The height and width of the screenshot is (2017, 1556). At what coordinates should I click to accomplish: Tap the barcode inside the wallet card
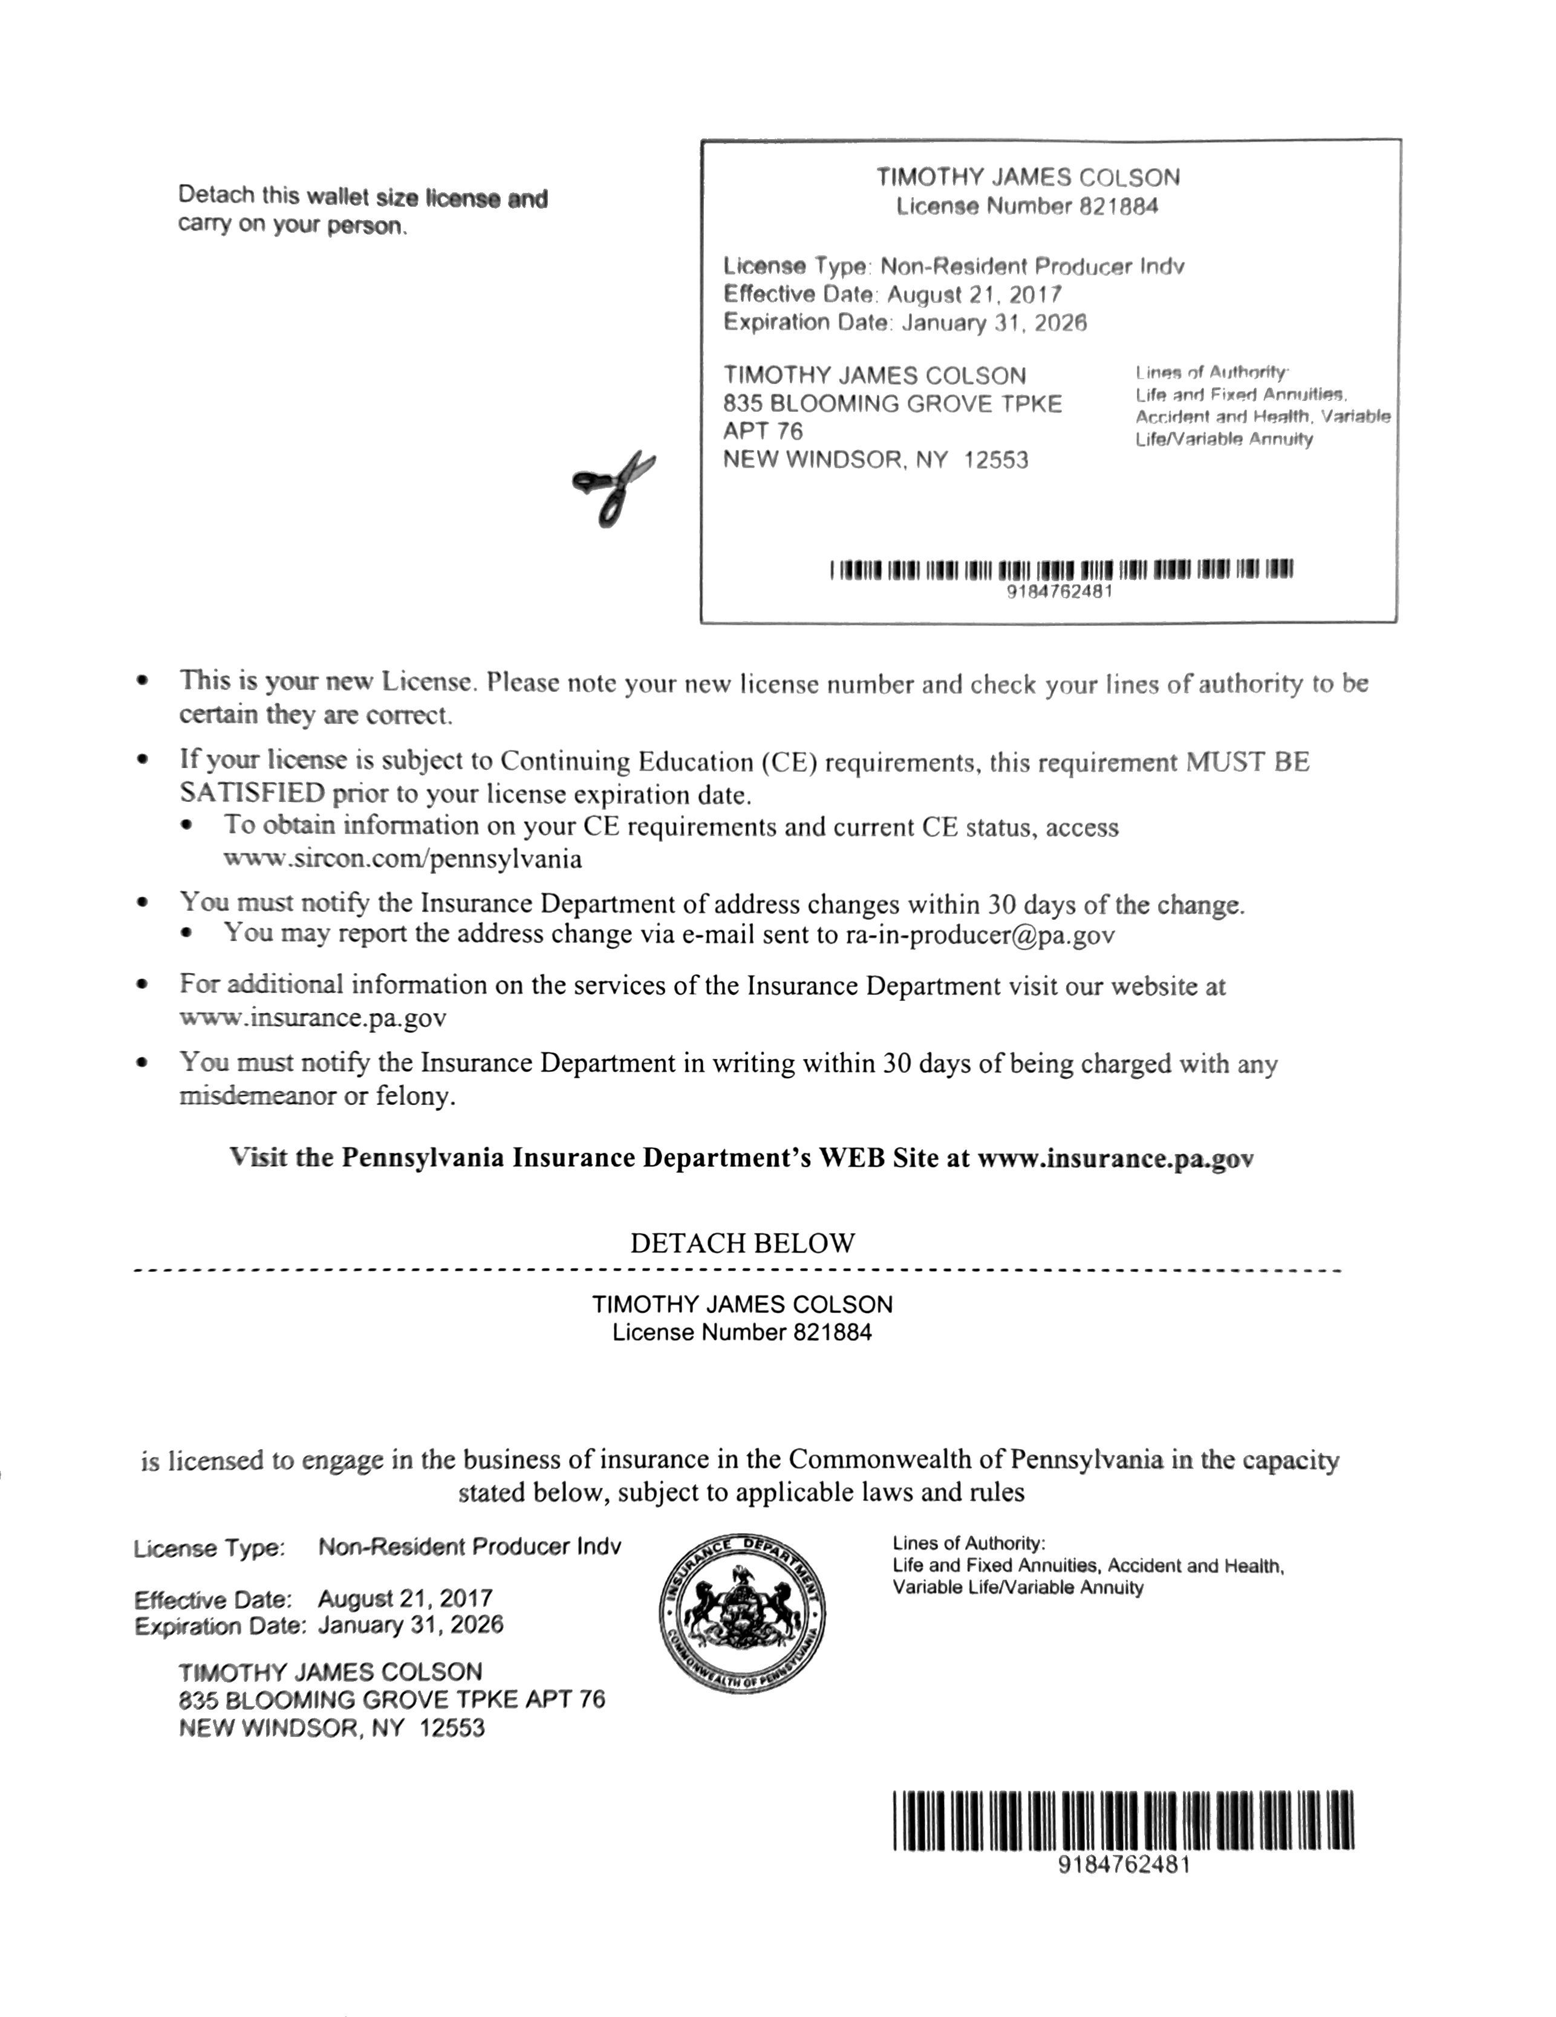coord(1061,570)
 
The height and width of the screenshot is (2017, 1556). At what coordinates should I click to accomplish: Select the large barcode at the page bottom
coord(1123,1819)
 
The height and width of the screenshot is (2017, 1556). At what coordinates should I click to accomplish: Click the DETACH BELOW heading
coord(743,1243)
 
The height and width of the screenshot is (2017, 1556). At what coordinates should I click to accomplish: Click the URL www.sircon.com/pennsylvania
coord(403,859)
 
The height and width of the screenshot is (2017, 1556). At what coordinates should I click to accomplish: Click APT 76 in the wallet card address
coord(763,431)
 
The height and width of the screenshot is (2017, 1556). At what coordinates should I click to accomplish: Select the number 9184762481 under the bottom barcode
coord(1124,1864)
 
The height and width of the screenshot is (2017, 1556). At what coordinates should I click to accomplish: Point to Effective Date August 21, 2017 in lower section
coord(314,1598)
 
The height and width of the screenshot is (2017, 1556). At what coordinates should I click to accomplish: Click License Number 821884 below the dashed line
coord(741,1332)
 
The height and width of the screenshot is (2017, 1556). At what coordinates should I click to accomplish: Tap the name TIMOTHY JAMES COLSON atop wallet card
coord(1028,177)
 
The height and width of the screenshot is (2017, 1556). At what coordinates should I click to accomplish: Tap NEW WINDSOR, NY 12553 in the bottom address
coord(331,1728)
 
